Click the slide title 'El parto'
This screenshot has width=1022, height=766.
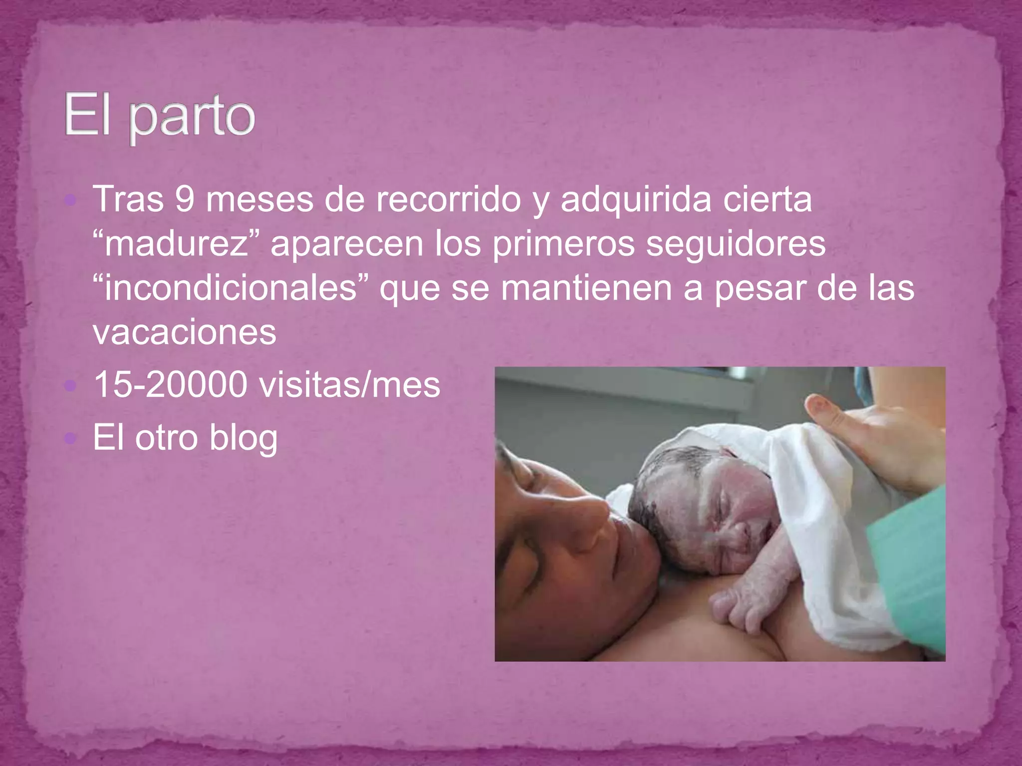tap(160, 117)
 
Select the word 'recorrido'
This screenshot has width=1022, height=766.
tap(448, 199)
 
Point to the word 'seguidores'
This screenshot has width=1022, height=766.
tap(736, 244)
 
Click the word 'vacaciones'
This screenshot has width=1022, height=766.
tap(184, 332)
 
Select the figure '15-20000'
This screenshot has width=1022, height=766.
tap(170, 384)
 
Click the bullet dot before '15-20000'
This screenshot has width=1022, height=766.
tap(71, 385)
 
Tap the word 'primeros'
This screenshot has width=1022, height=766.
tap(564, 244)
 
